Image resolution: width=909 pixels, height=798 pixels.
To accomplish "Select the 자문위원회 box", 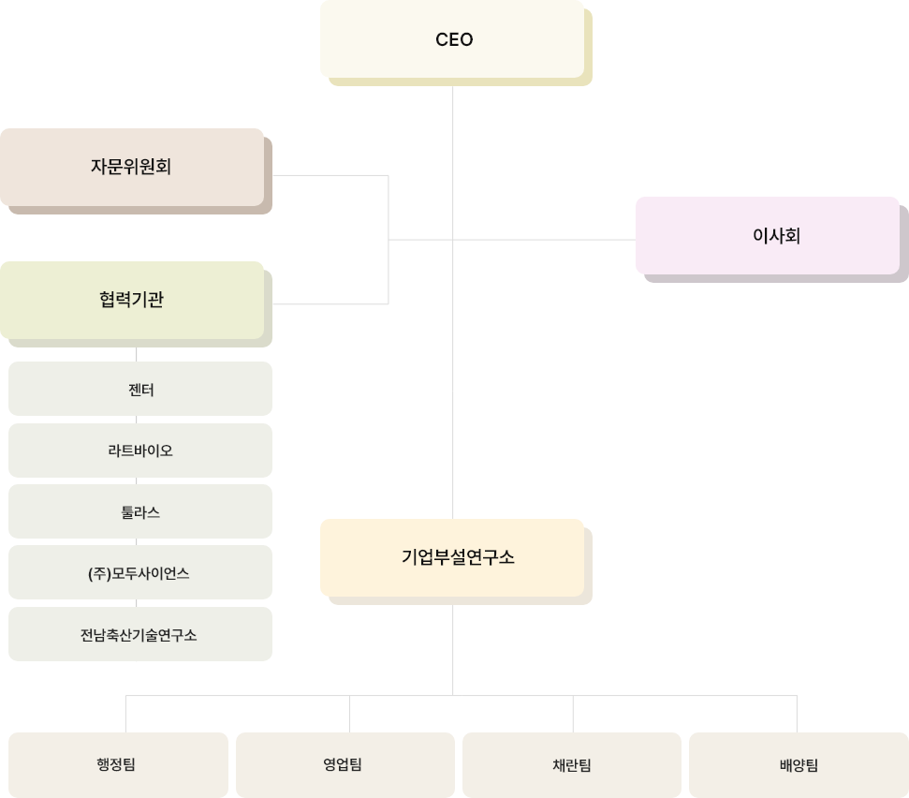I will click(131, 168).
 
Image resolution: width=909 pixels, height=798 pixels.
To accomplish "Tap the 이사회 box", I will click(768, 235).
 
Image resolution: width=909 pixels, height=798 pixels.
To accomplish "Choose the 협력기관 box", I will click(131, 300).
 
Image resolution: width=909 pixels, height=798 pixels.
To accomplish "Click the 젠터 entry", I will click(140, 389).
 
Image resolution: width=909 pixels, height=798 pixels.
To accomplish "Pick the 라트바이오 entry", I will click(140, 451).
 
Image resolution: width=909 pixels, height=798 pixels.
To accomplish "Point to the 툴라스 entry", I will click(140, 511).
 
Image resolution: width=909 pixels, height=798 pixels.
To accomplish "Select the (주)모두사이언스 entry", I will click(140, 572).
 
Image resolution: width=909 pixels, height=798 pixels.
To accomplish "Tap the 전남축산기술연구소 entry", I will click(140, 634).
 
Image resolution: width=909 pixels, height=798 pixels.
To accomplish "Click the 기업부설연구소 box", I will click(452, 557).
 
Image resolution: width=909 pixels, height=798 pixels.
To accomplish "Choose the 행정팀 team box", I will click(118, 764).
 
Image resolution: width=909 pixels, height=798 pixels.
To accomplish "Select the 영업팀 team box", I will click(345, 764).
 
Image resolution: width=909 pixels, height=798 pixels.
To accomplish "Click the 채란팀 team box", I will click(571, 764).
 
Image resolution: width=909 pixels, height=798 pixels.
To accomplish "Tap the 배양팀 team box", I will click(798, 764).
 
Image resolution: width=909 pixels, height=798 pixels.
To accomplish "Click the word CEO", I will click(454, 39).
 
